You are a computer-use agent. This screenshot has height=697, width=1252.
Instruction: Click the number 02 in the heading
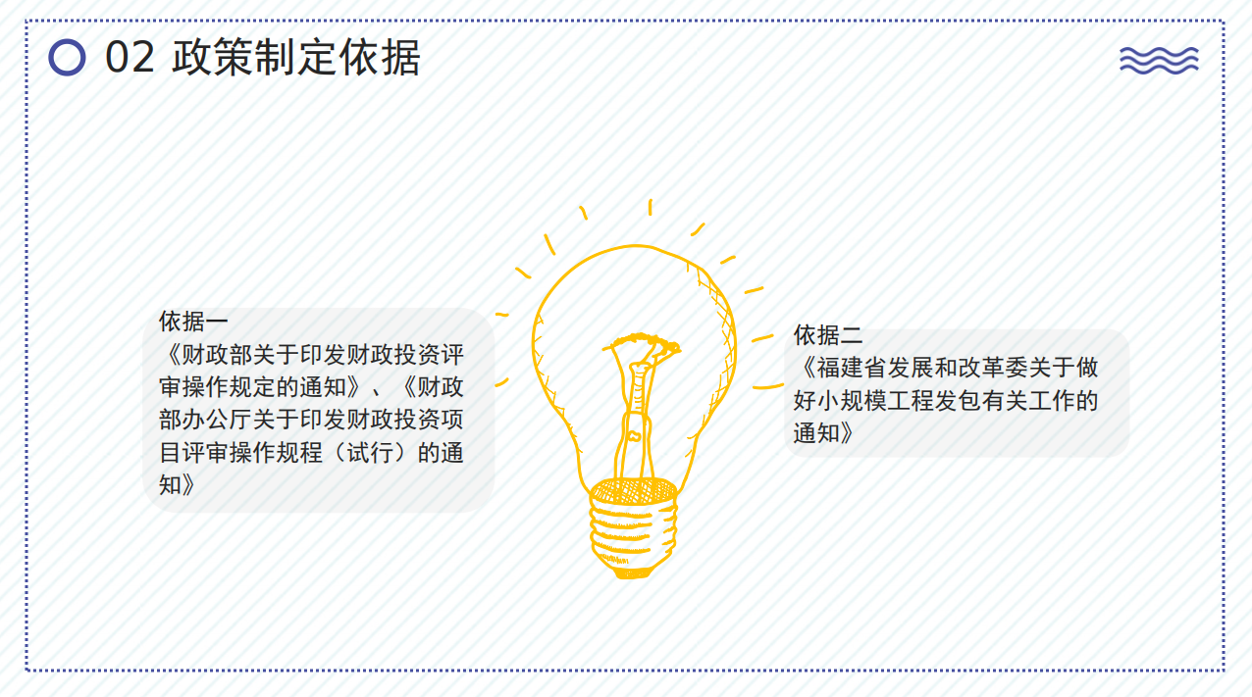coord(130,58)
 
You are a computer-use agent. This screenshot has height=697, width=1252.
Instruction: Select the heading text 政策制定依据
coord(296,57)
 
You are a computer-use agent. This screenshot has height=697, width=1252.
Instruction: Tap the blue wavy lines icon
coord(1159,61)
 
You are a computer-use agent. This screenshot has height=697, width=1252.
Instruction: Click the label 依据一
coord(193,322)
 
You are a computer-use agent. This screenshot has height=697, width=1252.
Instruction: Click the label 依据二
coord(828,335)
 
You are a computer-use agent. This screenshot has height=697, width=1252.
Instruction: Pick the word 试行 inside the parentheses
coord(370,452)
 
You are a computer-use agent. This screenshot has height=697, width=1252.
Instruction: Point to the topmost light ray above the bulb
coord(650,207)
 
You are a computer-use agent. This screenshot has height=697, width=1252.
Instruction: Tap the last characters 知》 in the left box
coord(177,485)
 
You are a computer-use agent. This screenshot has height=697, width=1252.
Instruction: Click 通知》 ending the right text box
coord(824,433)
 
